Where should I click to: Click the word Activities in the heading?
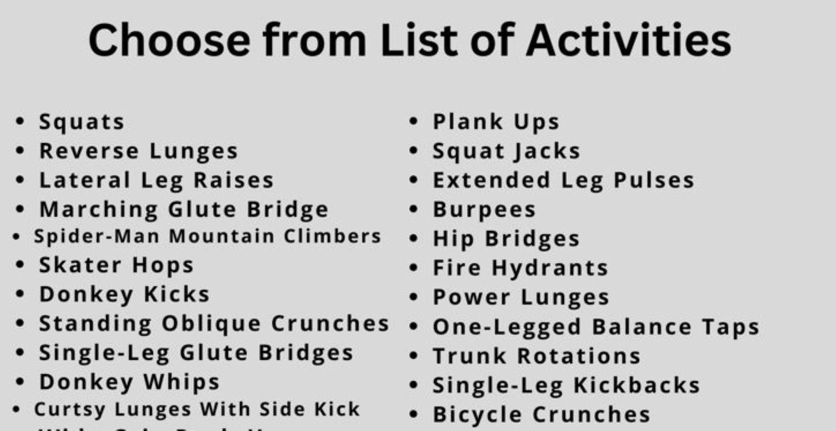(628, 41)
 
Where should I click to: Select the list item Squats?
(82, 122)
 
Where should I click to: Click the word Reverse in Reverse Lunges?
(89, 151)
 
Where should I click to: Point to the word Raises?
(234, 180)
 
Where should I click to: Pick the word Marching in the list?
(99, 210)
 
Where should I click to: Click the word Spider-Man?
(97, 236)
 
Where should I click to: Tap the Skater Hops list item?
(116, 265)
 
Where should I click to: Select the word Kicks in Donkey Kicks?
(177, 294)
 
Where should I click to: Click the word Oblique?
(212, 324)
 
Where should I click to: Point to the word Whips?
(181, 382)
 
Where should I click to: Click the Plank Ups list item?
(496, 122)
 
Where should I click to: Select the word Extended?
(492, 180)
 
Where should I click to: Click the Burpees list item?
(484, 210)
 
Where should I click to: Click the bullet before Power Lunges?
(413, 297)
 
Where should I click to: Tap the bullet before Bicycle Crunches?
(413, 414)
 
